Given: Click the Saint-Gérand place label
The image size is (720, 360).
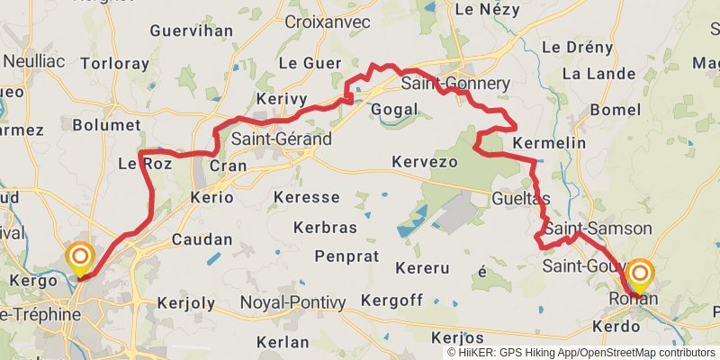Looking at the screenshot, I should click(x=281, y=139).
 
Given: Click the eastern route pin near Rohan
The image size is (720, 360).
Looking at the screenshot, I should click(x=641, y=276).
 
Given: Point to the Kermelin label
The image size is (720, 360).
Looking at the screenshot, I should click(x=549, y=143).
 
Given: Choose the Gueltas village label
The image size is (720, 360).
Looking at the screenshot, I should click(x=521, y=198).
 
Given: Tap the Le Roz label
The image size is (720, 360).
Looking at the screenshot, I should click(x=145, y=164).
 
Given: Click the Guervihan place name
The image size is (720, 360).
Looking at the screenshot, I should click(x=192, y=31).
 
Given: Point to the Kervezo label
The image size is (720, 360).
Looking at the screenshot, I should click(x=425, y=162).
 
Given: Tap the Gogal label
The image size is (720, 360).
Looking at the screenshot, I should click(x=394, y=109).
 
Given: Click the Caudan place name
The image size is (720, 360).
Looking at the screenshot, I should click(x=202, y=240).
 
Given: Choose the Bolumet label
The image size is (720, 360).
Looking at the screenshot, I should click(x=107, y=125).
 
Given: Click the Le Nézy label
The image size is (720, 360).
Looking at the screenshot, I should click(x=489, y=9).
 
